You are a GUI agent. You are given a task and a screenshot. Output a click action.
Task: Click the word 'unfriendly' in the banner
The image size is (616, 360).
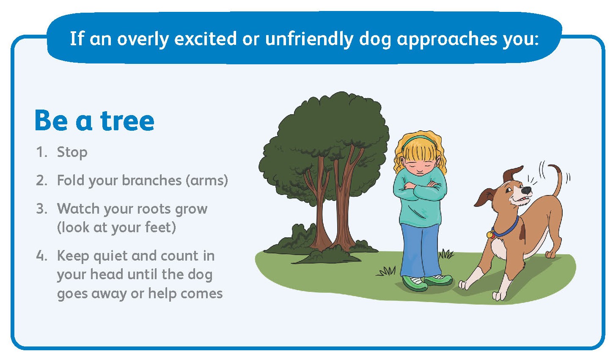(309, 38)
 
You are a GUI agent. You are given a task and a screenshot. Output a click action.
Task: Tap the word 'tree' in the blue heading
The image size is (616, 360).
(127, 121)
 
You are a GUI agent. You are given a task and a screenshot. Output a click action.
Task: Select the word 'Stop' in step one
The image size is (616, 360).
(72, 153)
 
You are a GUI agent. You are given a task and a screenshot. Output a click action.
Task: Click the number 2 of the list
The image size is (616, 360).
(41, 180)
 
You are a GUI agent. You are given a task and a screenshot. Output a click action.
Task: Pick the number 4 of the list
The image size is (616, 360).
(42, 256)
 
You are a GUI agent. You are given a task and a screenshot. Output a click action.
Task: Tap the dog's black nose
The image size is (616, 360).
(526, 190)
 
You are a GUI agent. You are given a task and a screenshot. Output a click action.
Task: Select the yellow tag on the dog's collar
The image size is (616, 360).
(490, 235)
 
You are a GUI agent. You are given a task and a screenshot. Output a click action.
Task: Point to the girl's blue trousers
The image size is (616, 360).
(420, 250)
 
